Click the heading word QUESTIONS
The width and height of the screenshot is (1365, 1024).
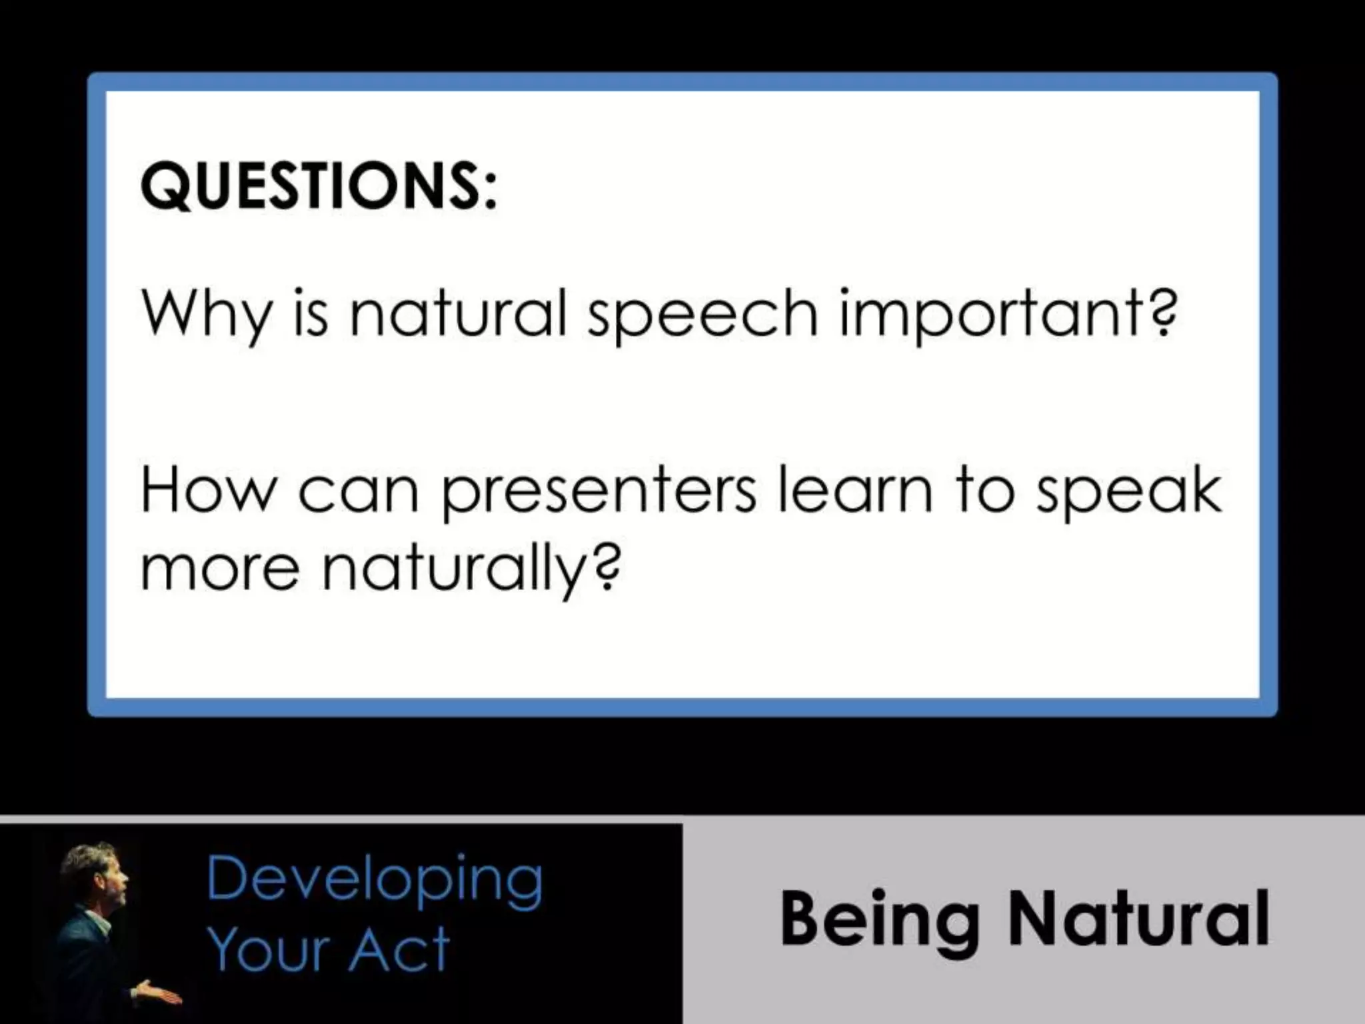[x=311, y=187]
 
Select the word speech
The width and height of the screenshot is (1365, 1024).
[x=702, y=315]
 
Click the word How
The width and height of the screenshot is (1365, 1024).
[x=208, y=491]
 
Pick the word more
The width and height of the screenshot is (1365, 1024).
[x=220, y=571]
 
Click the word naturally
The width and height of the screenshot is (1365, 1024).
[x=453, y=571]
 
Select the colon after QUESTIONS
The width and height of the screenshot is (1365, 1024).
[x=491, y=189]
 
